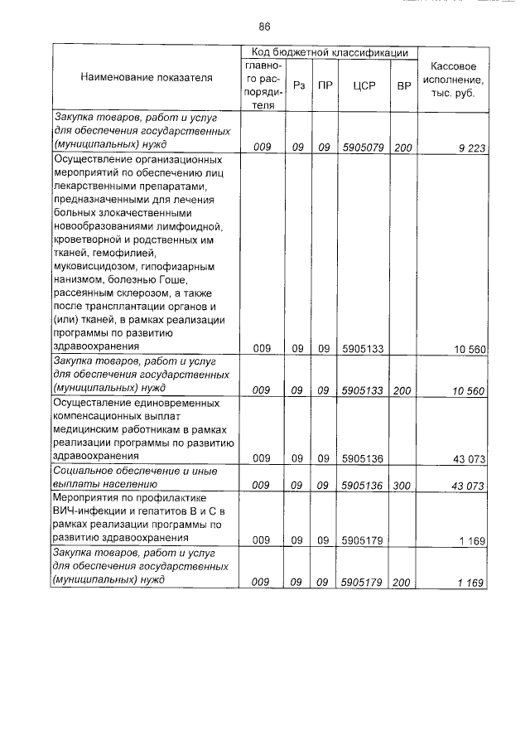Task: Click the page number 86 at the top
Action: point(264,26)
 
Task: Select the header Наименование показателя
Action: point(147,78)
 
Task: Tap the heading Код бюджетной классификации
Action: point(329,52)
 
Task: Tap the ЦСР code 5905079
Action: point(362,147)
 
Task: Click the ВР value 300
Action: point(403,486)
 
